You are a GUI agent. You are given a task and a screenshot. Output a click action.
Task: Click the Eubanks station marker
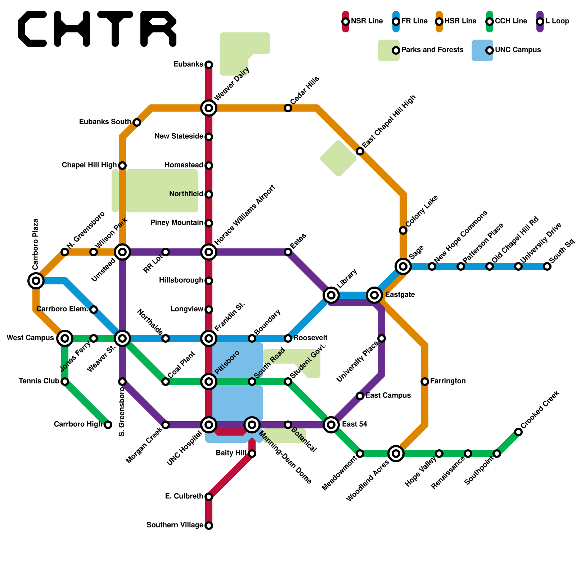pyautogui.click(x=209, y=65)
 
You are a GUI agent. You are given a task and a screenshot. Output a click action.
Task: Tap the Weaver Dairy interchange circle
pyautogui.click(x=209, y=108)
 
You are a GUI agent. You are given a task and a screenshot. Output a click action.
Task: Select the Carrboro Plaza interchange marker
pyautogui.click(x=36, y=280)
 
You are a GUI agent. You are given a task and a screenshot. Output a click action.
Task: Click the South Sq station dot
pyautogui.click(x=547, y=266)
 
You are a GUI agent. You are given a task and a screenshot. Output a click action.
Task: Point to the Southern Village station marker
pyautogui.click(x=209, y=526)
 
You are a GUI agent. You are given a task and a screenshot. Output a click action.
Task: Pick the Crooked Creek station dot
pyautogui.click(x=518, y=432)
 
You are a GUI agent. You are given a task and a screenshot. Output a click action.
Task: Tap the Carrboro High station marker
pyautogui.click(x=108, y=425)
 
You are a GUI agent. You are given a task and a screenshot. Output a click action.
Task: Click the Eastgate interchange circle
pyautogui.click(x=374, y=295)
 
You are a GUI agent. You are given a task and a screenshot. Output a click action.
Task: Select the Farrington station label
pyautogui.click(x=448, y=381)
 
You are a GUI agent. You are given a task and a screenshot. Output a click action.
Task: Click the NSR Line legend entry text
pyautogui.click(x=367, y=21)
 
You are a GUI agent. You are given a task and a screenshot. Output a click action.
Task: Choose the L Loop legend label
pyautogui.click(x=557, y=21)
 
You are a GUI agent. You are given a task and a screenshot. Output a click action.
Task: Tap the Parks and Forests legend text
pyautogui.click(x=432, y=50)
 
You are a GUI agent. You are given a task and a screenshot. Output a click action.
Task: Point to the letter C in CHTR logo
pyautogui.click(x=32, y=29)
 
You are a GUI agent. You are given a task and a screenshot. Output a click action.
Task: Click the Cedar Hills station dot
pyautogui.click(x=288, y=108)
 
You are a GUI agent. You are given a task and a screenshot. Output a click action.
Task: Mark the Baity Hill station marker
pyautogui.click(x=252, y=454)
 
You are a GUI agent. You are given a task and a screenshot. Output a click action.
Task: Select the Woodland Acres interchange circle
pyautogui.click(x=396, y=454)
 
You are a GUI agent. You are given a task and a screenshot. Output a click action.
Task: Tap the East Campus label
pyautogui.click(x=388, y=396)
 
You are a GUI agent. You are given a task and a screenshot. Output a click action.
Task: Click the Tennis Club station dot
pyautogui.click(x=65, y=382)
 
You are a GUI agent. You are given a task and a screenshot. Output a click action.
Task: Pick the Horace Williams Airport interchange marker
pyautogui.click(x=209, y=252)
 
